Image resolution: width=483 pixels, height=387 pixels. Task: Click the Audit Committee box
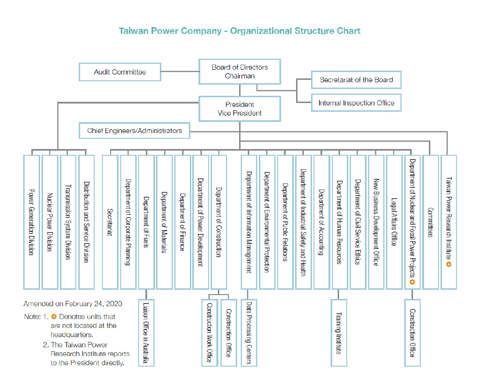coord(119,72)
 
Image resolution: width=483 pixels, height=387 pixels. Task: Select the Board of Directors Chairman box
coord(240,72)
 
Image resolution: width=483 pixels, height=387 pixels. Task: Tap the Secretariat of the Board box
coord(356,80)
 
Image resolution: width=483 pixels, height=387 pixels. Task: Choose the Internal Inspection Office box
coord(356,103)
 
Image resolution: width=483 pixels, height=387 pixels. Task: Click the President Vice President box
coord(240,109)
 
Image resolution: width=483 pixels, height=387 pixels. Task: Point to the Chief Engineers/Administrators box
coord(135,131)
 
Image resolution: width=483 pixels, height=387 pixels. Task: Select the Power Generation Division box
coord(31,222)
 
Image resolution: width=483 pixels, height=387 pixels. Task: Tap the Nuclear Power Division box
coord(50,222)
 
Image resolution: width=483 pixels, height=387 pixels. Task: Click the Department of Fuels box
coord(146,222)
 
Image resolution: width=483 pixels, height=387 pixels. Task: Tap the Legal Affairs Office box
coord(394,222)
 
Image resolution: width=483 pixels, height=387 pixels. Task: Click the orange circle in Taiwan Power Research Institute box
coord(449,265)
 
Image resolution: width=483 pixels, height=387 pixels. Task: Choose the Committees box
coord(430,222)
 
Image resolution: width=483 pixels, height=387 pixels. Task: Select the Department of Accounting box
coord(321,222)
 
